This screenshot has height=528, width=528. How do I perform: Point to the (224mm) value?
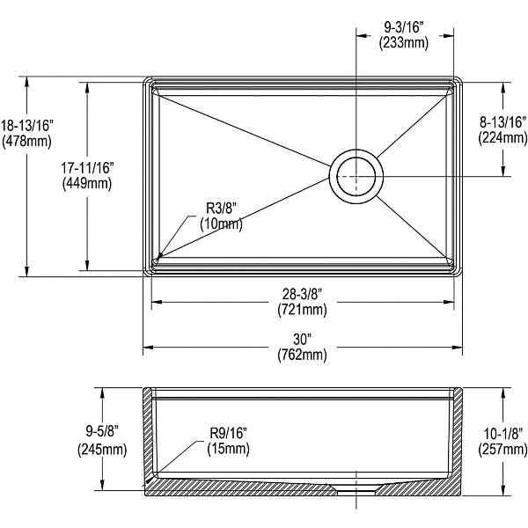(502, 138)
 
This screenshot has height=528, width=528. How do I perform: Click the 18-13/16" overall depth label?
(28, 127)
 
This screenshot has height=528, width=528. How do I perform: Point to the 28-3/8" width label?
(302, 294)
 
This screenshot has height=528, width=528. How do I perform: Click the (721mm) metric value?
(302, 309)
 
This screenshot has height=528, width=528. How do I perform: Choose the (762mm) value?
(302, 355)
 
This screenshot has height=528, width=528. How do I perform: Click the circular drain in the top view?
(356, 174)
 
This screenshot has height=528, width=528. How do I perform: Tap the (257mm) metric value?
(502, 450)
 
